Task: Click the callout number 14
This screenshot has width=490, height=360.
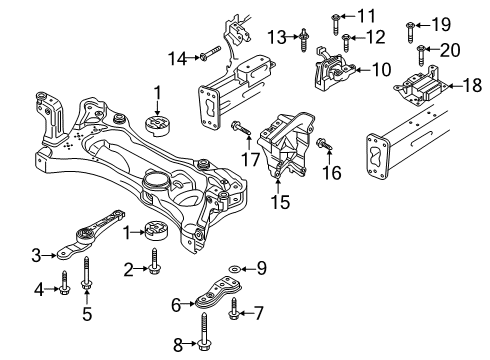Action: [x=178, y=59]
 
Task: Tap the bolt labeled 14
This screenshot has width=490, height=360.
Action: [x=211, y=53]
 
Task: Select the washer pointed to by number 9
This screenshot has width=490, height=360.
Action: [x=234, y=268]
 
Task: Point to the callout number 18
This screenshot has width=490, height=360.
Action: [x=472, y=85]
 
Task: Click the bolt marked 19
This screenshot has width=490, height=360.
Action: [x=410, y=33]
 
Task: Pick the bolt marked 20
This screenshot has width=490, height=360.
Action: [x=421, y=56]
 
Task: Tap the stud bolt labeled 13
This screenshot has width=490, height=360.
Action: [x=304, y=40]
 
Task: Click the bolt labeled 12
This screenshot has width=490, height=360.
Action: [x=346, y=43]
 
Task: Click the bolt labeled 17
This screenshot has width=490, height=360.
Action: [x=241, y=129]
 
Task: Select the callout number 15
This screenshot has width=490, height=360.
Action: [x=280, y=202]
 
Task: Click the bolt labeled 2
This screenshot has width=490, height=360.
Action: [x=154, y=262]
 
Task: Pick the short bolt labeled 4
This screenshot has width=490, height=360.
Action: [x=64, y=283]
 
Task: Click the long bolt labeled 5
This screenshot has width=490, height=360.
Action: [x=86, y=273]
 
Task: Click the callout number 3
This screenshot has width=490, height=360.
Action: [x=36, y=255]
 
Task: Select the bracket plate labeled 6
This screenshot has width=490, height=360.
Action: [x=218, y=293]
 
